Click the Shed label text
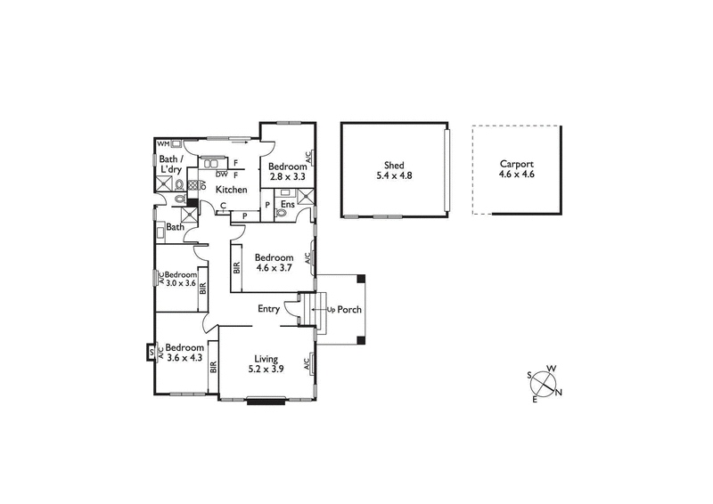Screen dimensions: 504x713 [x=393, y=165]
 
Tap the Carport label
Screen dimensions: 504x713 [x=516, y=164]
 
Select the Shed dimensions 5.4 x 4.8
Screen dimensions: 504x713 [x=393, y=175]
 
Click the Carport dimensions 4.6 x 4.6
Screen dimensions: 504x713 [x=516, y=175]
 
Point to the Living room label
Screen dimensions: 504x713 [x=266, y=358]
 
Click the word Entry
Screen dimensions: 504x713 [x=268, y=309]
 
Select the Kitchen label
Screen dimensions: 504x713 [x=232, y=190]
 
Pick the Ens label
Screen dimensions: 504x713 [x=287, y=205]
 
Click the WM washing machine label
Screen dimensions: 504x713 [x=163, y=143]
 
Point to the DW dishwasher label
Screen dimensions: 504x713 [x=221, y=175]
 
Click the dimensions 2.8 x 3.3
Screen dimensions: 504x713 [x=288, y=177]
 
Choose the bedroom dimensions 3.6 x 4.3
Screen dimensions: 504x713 [x=184, y=358]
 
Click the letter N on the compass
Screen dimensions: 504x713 [x=559, y=392]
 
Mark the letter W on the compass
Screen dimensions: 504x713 [x=552, y=369]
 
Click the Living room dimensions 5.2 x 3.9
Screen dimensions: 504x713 [x=266, y=369]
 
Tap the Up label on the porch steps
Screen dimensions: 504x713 [x=331, y=310]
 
